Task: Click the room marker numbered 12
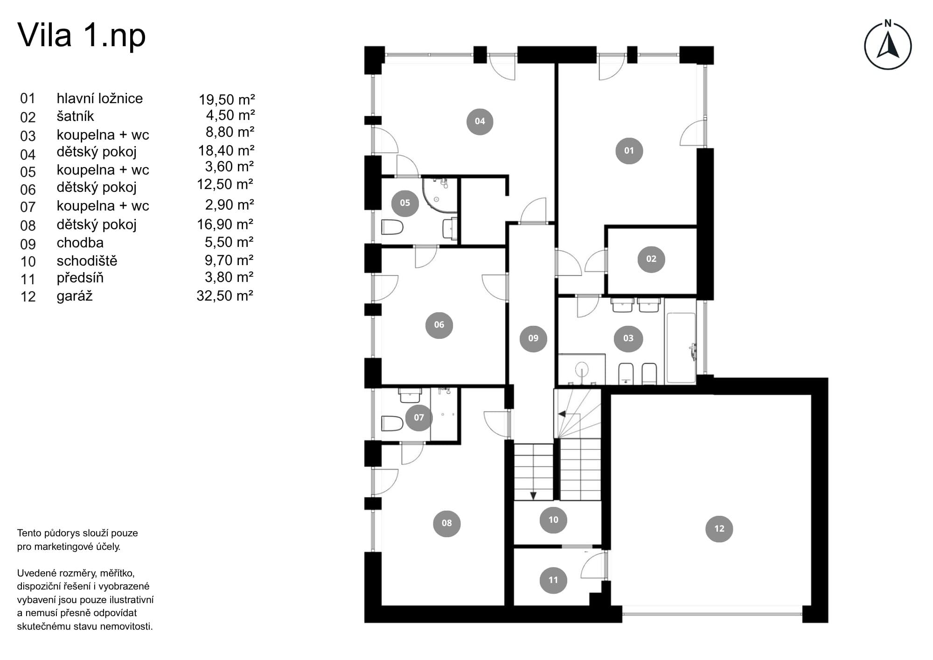pos(719,528)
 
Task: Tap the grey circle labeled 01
pos(629,150)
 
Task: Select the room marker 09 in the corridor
pos(533,338)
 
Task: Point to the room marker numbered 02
pos(651,259)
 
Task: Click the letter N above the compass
pos(888,23)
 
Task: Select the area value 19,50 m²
pos(227,99)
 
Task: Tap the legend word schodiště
pos(87,260)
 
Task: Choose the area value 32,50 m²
pos(225,295)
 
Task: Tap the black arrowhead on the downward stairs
pos(533,496)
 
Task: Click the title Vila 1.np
pos(82,35)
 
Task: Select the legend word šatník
pos(75,116)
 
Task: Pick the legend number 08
pos(28,225)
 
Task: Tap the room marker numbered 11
pos(553,580)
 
